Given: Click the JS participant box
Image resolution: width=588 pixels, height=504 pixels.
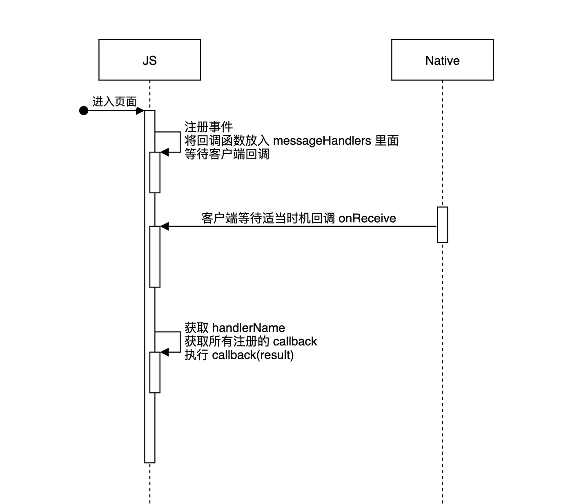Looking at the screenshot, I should (x=149, y=60).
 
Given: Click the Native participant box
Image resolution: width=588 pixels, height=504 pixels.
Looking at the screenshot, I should (x=442, y=60).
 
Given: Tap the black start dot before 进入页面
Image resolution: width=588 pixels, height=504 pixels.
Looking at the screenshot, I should (x=84, y=111).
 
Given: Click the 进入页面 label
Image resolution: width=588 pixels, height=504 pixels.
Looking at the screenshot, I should (x=114, y=102).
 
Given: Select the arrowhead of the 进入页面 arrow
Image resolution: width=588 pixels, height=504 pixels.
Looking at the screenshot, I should (x=140, y=111).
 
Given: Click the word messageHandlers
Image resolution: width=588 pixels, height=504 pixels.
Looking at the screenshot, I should (x=322, y=141).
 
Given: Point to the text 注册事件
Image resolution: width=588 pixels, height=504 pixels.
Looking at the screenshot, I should (x=208, y=127).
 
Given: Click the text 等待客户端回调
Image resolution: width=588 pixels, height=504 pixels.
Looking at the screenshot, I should (x=227, y=154).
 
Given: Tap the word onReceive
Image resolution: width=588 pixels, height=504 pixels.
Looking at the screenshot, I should (x=367, y=218).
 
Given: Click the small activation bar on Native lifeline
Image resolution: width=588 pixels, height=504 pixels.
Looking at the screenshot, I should (x=442, y=225).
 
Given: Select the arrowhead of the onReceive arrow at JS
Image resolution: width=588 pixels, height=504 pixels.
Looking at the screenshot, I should (x=165, y=226).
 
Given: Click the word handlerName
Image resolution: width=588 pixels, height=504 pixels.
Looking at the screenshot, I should (x=248, y=328).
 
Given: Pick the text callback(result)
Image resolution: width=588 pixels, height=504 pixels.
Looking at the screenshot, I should (x=253, y=355).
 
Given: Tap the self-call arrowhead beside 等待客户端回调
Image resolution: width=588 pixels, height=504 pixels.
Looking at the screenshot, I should (x=165, y=152).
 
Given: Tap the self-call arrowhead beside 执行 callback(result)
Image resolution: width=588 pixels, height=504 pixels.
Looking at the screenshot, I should (x=165, y=352).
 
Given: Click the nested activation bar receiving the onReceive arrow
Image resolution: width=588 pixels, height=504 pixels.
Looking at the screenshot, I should (x=155, y=257).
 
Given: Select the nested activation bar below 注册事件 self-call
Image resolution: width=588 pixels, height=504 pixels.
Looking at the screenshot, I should (x=155, y=172).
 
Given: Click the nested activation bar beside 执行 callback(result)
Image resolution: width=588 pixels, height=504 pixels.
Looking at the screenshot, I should (x=155, y=372).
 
